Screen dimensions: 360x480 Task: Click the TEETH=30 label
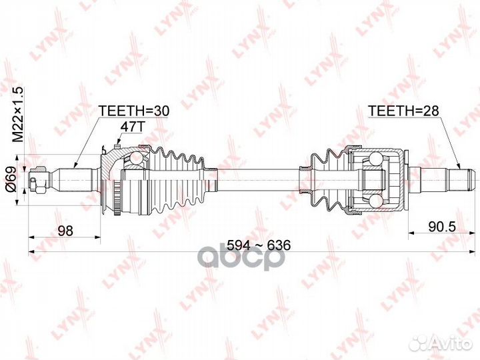(135, 109)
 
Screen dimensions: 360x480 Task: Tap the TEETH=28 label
(403, 109)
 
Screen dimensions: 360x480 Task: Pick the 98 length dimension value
(65, 230)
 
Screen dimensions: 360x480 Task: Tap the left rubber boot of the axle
(176, 177)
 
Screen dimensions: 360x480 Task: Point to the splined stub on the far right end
(460, 178)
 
